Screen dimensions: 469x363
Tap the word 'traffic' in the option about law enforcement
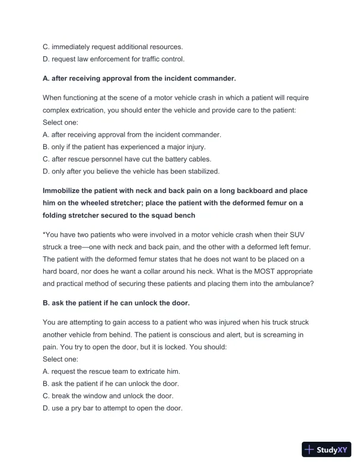tap(150, 59)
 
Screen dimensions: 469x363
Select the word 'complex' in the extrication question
tap(59, 110)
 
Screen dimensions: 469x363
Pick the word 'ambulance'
tap(291, 284)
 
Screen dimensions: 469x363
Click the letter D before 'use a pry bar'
tap(46, 409)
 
